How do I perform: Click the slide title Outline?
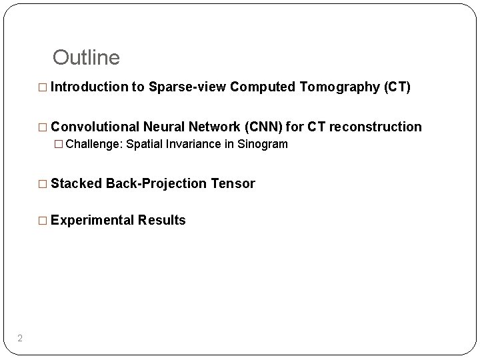pyautogui.click(x=86, y=58)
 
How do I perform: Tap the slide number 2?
pyautogui.click(x=20, y=339)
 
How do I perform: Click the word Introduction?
pyautogui.click(x=89, y=87)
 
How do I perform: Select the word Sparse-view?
pyautogui.click(x=189, y=87)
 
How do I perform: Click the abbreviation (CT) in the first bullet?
pyautogui.click(x=399, y=87)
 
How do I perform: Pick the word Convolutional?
pyautogui.click(x=95, y=127)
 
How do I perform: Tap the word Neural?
pyautogui.click(x=166, y=127)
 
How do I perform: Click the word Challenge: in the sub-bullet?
pyautogui.click(x=95, y=144)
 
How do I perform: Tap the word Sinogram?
pyautogui.click(x=264, y=144)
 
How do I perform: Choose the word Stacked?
pyautogui.click(x=76, y=183)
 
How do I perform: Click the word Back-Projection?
pyautogui.click(x=156, y=183)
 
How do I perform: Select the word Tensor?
pyautogui.click(x=233, y=183)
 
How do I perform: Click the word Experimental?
pyautogui.click(x=92, y=220)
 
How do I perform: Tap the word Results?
pyautogui.click(x=161, y=220)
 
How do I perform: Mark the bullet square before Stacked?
pyautogui.click(x=44, y=184)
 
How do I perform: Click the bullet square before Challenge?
pyautogui.click(x=59, y=145)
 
